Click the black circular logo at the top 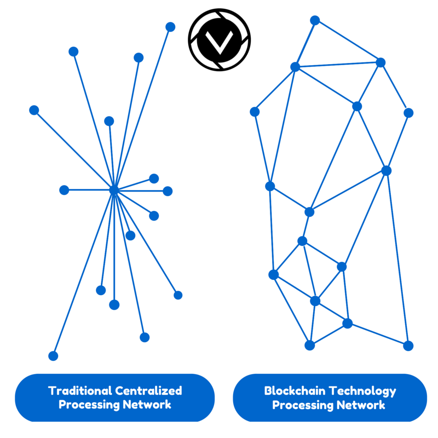click(x=219, y=39)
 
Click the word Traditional click(x=80, y=391)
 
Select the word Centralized click(x=148, y=391)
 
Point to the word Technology click(x=364, y=391)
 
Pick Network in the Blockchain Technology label click(x=362, y=406)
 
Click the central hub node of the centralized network click(x=114, y=190)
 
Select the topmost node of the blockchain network click(x=315, y=20)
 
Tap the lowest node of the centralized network click(x=53, y=356)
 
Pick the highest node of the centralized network click(x=170, y=27)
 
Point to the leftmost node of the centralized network click(x=34, y=110)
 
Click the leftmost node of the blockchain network click(x=255, y=112)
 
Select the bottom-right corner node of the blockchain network click(x=408, y=345)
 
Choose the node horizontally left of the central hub click(x=64, y=190)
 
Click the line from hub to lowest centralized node click(x=83, y=273)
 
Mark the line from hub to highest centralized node click(x=142, y=108)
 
